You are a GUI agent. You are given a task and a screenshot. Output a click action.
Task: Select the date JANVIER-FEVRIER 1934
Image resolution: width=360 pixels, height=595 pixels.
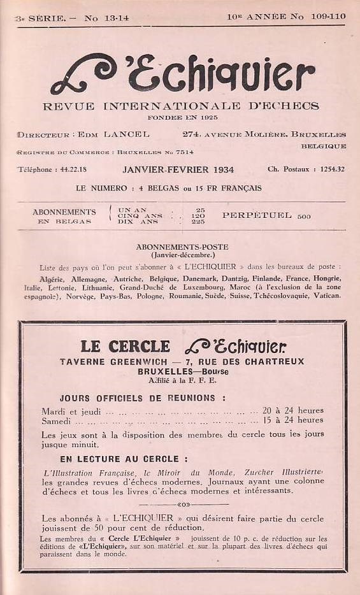[178, 169]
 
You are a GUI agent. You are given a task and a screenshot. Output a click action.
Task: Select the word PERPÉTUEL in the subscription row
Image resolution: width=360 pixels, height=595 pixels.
[257, 215]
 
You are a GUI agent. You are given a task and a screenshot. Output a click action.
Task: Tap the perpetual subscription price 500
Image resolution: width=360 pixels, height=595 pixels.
[304, 216]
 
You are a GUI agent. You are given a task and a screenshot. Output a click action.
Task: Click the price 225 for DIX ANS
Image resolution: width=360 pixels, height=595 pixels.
[198, 221]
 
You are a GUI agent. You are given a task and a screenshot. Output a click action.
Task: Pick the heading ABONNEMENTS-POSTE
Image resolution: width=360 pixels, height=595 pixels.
[182, 247]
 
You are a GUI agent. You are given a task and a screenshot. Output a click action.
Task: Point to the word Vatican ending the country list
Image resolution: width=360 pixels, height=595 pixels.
[327, 296]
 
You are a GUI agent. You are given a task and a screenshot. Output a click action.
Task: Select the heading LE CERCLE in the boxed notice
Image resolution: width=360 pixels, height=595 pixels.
[126, 347]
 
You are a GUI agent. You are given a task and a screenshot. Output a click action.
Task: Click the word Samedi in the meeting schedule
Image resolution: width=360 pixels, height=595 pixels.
[57, 420]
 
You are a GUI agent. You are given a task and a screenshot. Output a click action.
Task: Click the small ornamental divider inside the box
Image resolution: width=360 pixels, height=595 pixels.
[183, 505]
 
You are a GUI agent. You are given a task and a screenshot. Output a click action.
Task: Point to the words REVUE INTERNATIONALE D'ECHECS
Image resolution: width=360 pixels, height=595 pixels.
[181, 106]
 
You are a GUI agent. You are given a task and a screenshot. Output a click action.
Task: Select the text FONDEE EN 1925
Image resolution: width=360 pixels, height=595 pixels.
[182, 117]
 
